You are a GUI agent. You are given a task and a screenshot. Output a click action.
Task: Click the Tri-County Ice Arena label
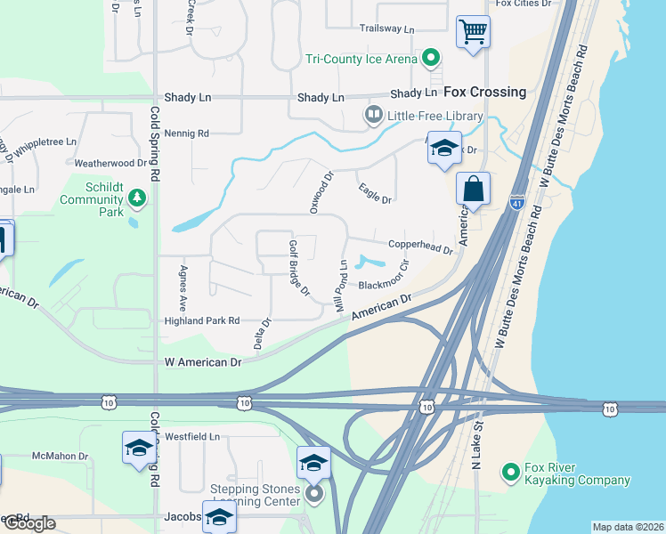(361, 60)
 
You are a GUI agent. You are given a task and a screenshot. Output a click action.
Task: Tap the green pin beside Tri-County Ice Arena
(432, 59)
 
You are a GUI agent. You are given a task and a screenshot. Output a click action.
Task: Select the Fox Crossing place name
(484, 92)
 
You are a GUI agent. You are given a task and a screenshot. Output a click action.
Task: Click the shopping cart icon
(473, 32)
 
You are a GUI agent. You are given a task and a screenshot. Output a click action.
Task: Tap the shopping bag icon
(472, 189)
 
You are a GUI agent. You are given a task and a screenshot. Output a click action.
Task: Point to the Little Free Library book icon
(373, 115)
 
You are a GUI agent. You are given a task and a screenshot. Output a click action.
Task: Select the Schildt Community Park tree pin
(135, 196)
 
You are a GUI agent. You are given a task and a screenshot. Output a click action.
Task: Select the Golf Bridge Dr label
(297, 267)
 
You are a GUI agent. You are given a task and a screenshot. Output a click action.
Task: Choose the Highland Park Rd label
(202, 320)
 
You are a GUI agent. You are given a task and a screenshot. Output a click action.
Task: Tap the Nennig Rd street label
(186, 133)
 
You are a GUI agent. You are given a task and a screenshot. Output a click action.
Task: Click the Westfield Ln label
(191, 437)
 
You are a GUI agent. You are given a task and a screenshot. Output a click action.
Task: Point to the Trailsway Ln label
(387, 29)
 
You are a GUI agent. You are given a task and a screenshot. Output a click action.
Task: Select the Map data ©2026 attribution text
(627, 527)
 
